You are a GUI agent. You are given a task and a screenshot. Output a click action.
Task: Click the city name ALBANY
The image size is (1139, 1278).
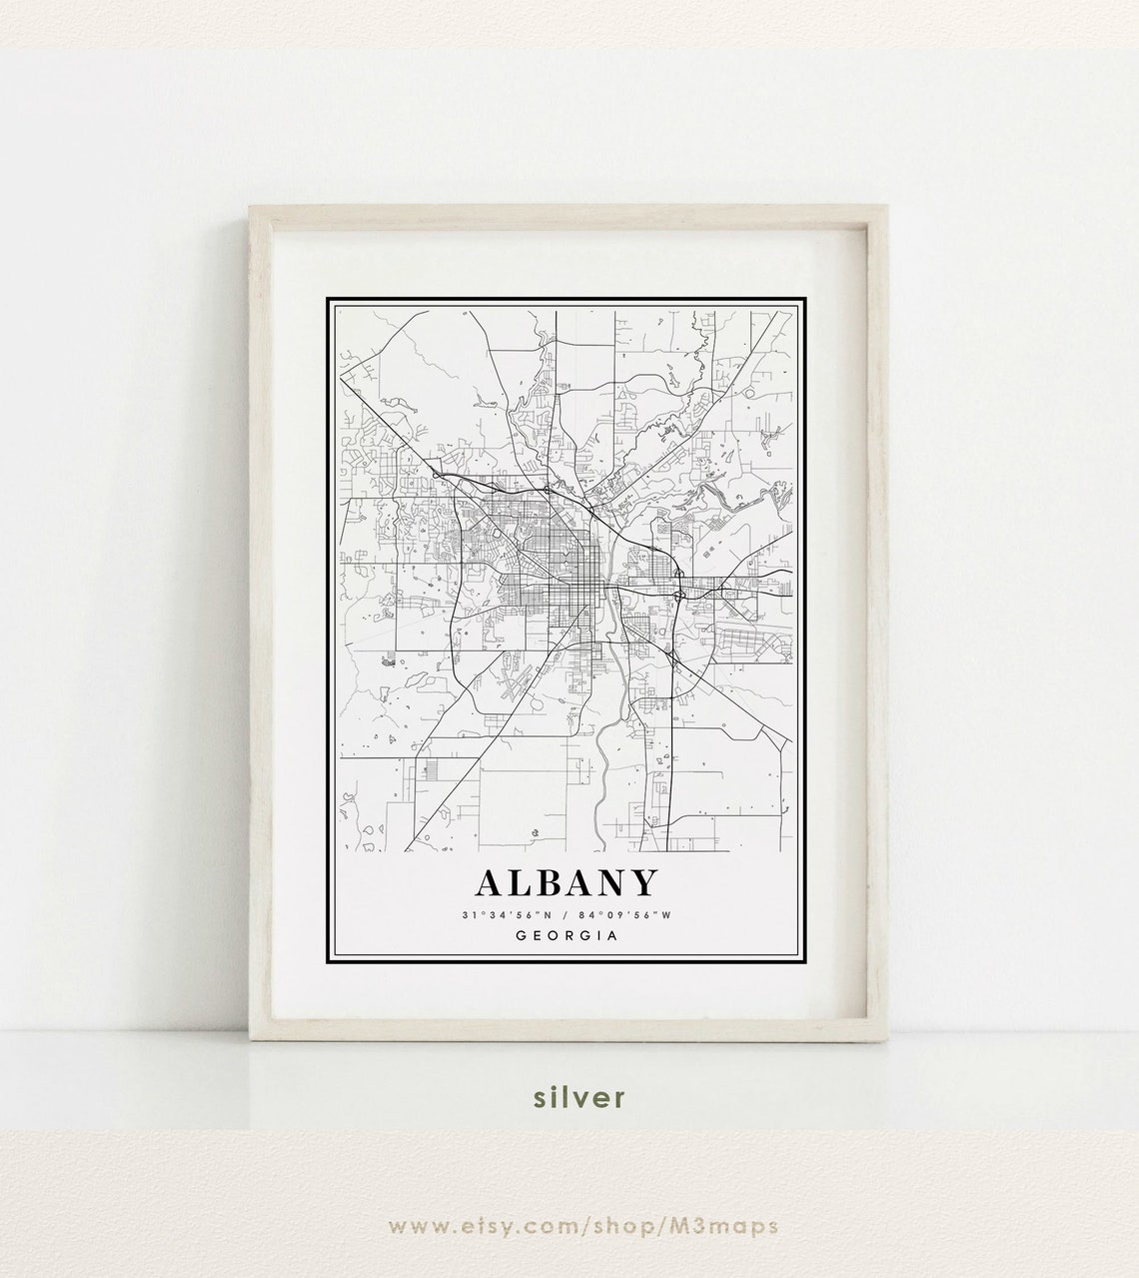[568, 883]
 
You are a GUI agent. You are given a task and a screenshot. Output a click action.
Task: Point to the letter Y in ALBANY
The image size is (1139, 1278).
[644, 883]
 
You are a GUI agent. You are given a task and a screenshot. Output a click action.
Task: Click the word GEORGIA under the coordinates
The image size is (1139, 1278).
[568, 936]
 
